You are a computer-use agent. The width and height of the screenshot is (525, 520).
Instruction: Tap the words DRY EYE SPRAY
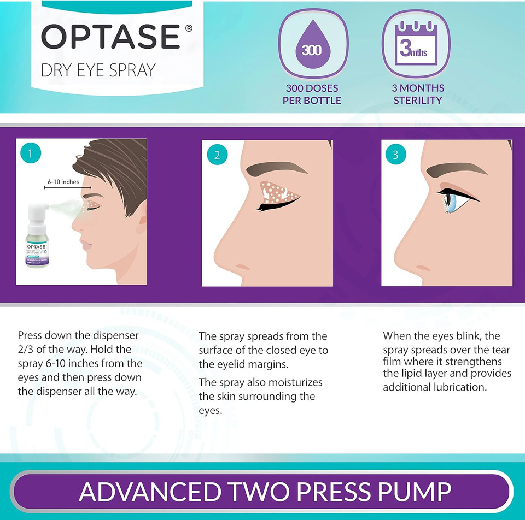pyautogui.click(x=98, y=70)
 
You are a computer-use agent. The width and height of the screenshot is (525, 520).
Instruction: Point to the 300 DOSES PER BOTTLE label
pyautogui.click(x=312, y=94)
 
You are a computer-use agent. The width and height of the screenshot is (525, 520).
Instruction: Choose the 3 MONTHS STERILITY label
pyautogui.click(x=418, y=94)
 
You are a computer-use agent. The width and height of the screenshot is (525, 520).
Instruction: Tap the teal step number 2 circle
pyautogui.click(x=217, y=155)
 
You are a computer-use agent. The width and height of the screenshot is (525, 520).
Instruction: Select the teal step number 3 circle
pyautogui.click(x=396, y=155)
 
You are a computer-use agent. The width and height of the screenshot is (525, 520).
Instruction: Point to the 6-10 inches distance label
pyautogui.click(x=63, y=182)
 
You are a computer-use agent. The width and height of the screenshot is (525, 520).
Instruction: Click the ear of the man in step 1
pyautogui.click(x=141, y=221)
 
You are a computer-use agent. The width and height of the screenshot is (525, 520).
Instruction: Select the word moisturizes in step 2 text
pyautogui.click(x=294, y=382)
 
